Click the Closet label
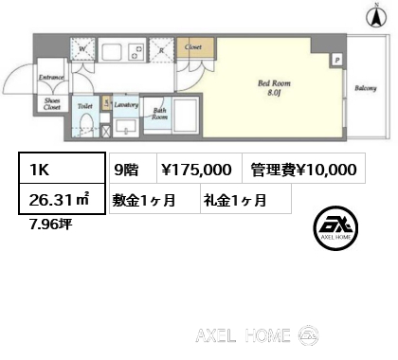point(193,46)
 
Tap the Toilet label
point(83,107)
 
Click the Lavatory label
point(126,107)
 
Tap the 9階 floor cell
point(126,171)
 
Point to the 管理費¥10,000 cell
point(304,171)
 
